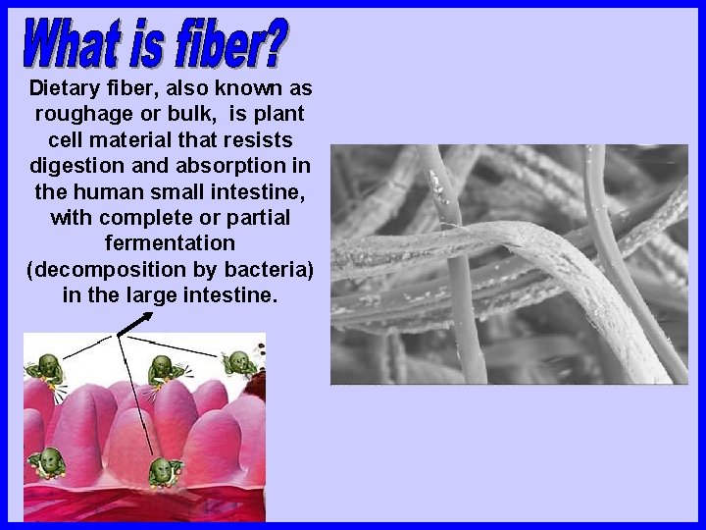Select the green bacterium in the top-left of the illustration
point(50,370)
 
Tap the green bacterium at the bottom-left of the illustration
point(46,461)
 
